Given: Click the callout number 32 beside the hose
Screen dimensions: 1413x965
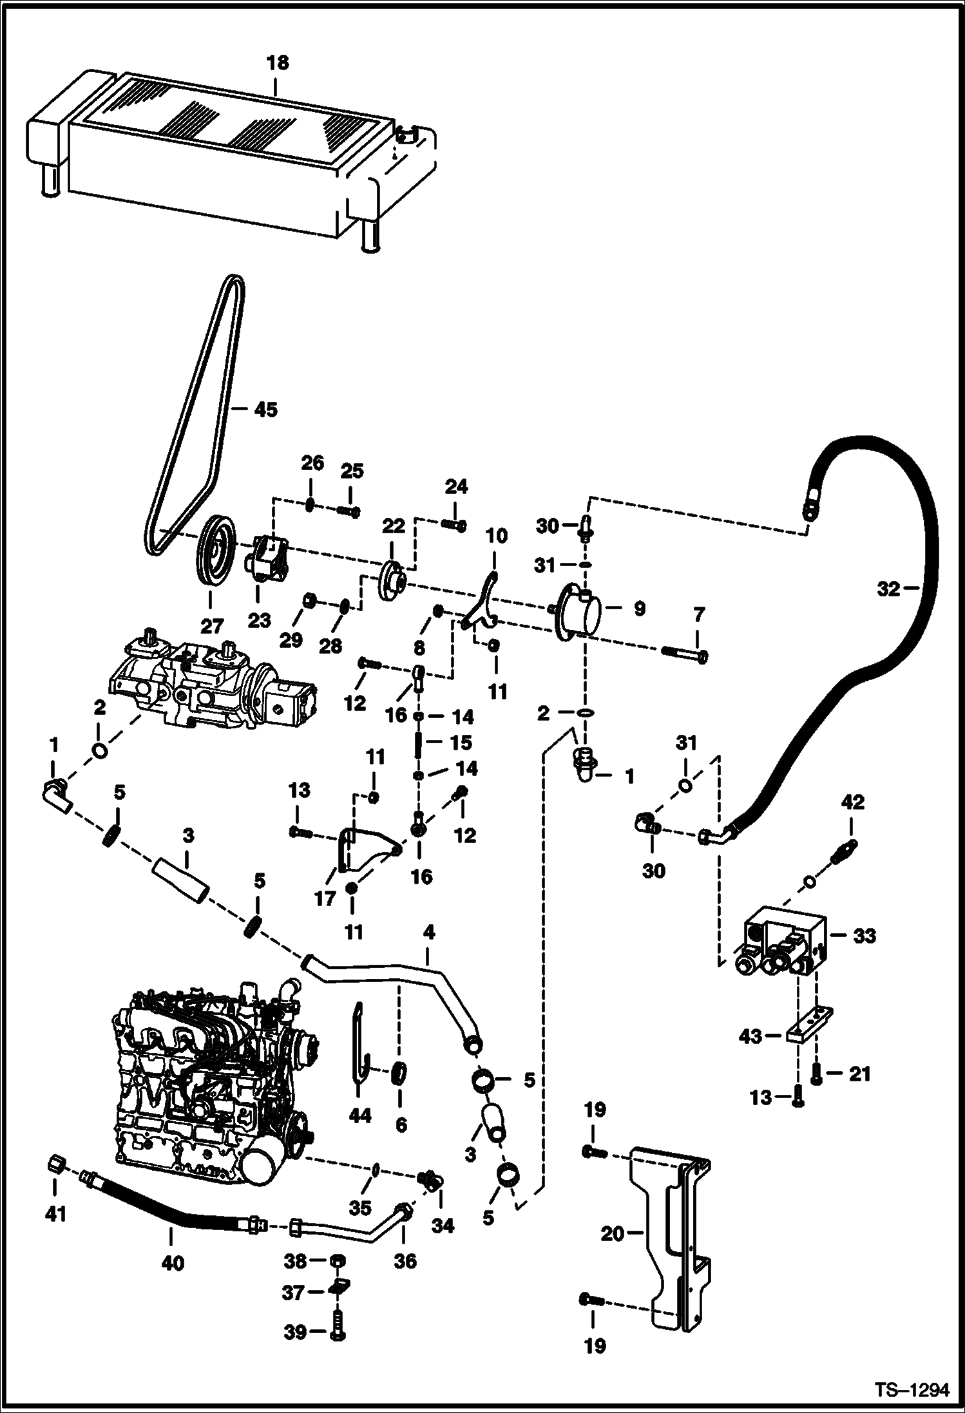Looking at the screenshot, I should pos(888,588).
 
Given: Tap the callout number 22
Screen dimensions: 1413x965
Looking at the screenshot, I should pos(394,526).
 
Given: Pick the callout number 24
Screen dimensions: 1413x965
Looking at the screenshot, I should pos(456,487).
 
